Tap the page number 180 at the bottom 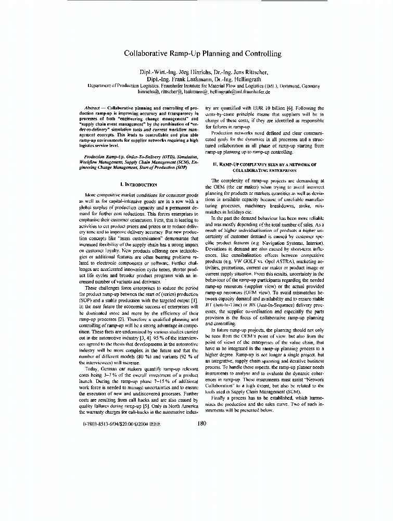click(x=202, y=424)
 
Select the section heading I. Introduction click(x=138, y=184)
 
